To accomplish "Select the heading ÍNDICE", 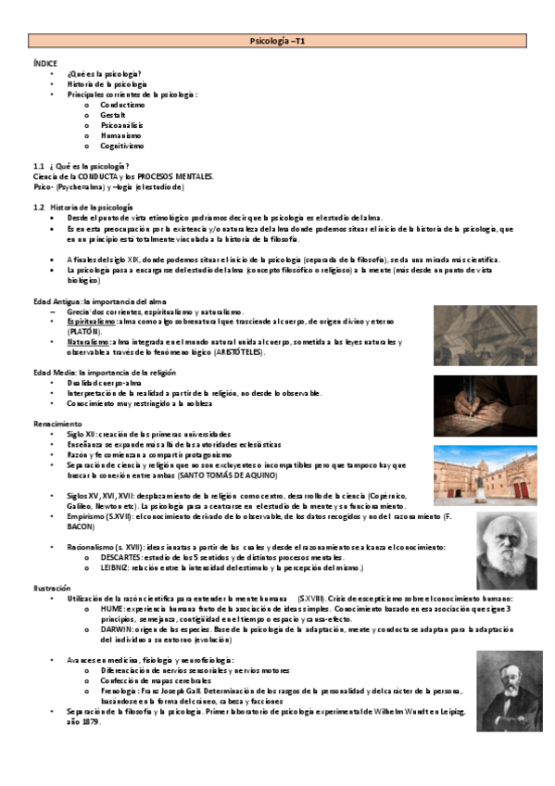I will [43, 61].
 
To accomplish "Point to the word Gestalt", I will [113, 115].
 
